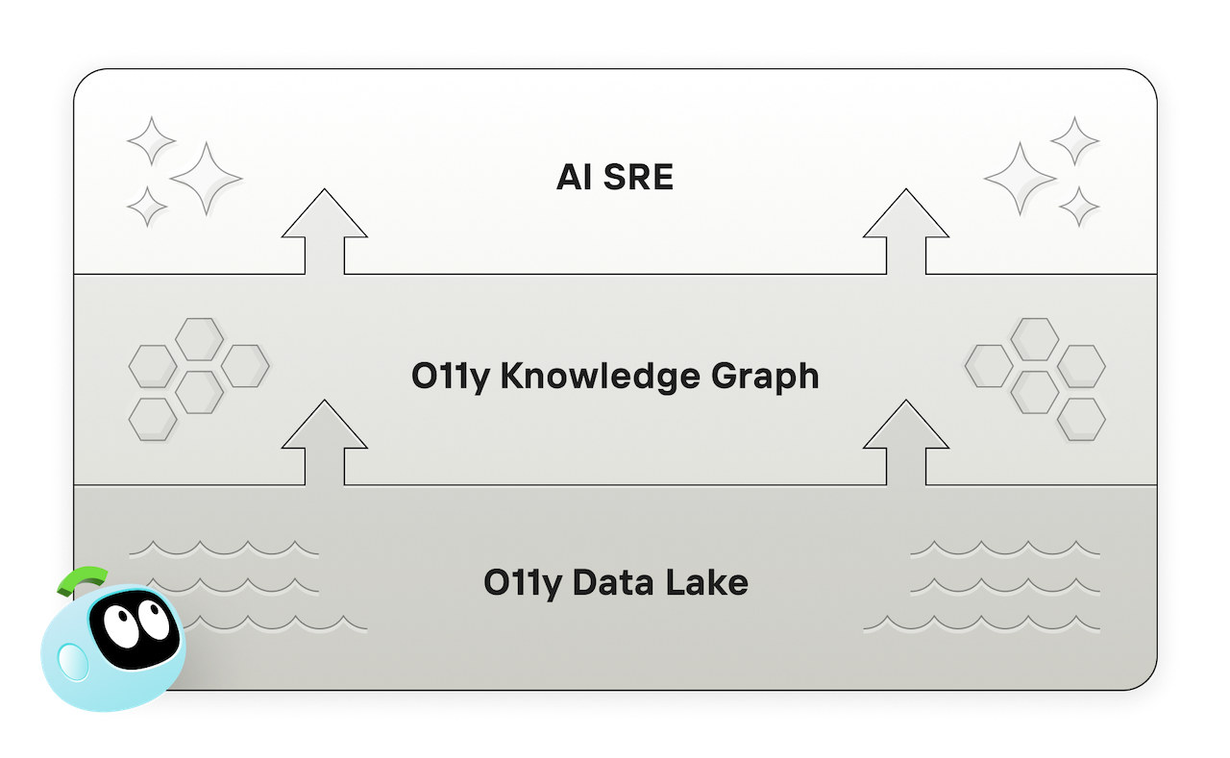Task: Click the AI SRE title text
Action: click(615, 178)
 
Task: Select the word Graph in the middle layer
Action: click(765, 377)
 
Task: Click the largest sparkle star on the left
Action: click(206, 179)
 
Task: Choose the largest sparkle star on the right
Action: click(1021, 179)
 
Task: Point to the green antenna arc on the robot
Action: click(83, 578)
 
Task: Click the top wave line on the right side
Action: click(1005, 550)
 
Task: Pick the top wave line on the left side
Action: click(224, 550)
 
